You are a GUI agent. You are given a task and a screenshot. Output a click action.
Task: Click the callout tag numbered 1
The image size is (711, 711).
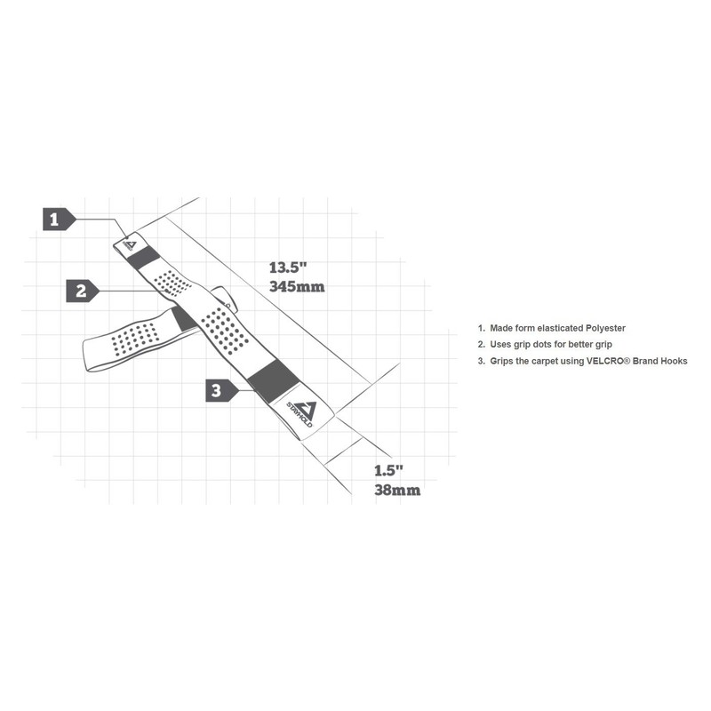click(x=55, y=219)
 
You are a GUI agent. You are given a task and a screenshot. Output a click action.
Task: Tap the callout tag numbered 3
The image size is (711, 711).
click(x=219, y=389)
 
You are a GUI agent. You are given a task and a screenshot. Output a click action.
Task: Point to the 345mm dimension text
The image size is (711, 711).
click(x=297, y=287)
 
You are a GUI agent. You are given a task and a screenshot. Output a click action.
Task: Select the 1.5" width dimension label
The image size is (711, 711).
click(x=389, y=469)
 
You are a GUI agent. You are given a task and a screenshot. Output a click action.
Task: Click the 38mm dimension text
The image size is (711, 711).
click(x=396, y=489)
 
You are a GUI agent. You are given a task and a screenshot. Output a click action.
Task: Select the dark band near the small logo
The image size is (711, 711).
click(x=142, y=259)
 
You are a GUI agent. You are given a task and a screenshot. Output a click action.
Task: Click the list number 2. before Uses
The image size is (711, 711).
click(x=482, y=344)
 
